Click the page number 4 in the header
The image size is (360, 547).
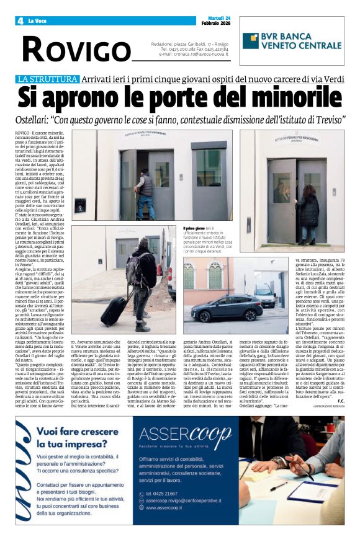[x=20, y=21]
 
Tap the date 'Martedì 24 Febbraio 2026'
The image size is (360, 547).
[x=215, y=20]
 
